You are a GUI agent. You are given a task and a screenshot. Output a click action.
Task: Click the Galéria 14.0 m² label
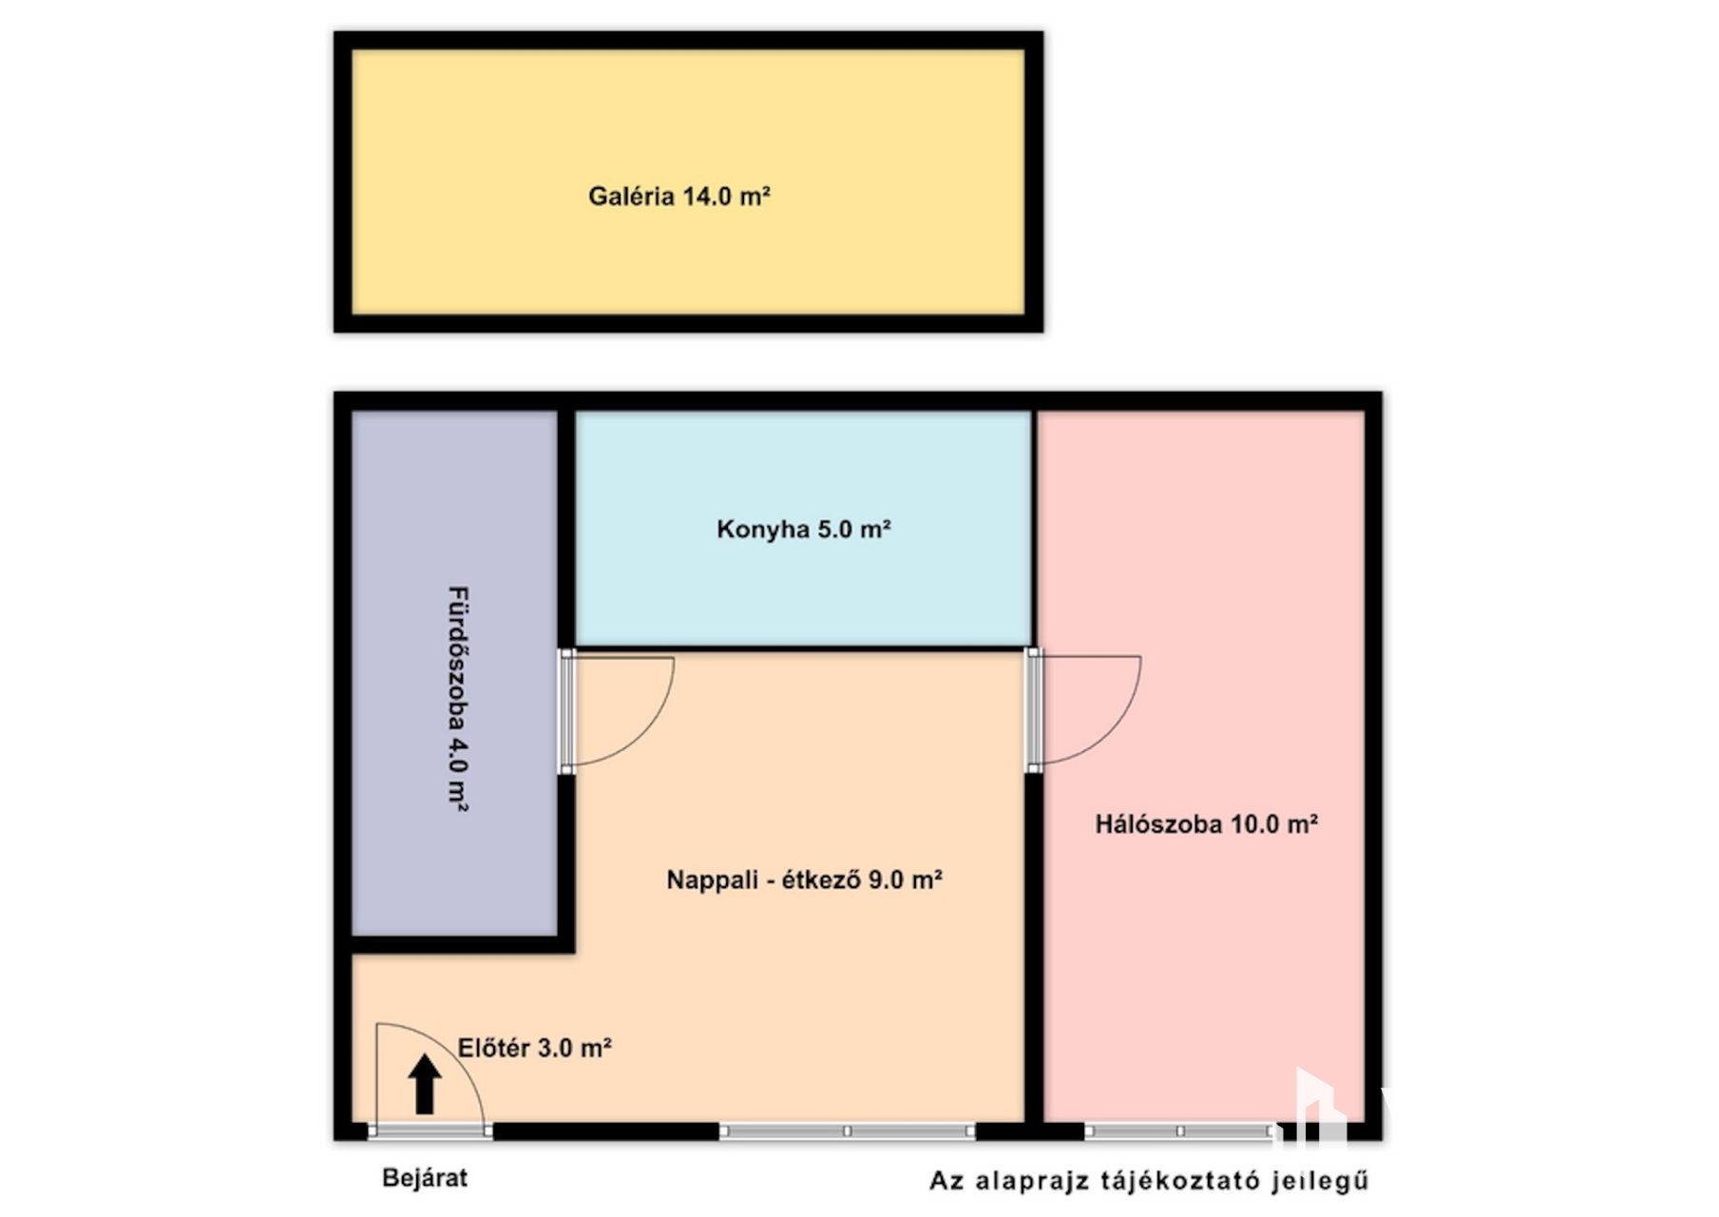(x=678, y=197)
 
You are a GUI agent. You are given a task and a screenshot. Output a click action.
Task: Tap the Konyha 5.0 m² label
(x=804, y=529)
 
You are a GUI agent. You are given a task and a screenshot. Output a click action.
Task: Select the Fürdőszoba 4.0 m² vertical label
(x=458, y=699)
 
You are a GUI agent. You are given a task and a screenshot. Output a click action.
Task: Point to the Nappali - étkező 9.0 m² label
(x=804, y=879)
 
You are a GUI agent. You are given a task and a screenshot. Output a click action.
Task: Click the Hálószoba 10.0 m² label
(x=1206, y=823)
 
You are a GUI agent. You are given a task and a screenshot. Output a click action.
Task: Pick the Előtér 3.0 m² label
(x=534, y=1048)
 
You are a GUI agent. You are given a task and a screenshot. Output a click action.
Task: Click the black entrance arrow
(x=425, y=1084)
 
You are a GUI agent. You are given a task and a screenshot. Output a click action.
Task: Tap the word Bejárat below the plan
(x=425, y=1178)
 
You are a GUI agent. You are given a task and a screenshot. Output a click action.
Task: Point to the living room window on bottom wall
(x=847, y=1131)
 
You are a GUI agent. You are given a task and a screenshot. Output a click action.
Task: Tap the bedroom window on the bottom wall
(x=1180, y=1131)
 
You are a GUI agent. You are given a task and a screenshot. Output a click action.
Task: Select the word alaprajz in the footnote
(x=1031, y=1182)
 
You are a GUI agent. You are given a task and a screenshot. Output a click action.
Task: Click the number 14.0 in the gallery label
(x=706, y=197)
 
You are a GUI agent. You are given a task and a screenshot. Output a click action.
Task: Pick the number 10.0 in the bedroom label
(x=1254, y=823)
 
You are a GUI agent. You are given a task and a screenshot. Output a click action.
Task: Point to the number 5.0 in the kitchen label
(x=834, y=529)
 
